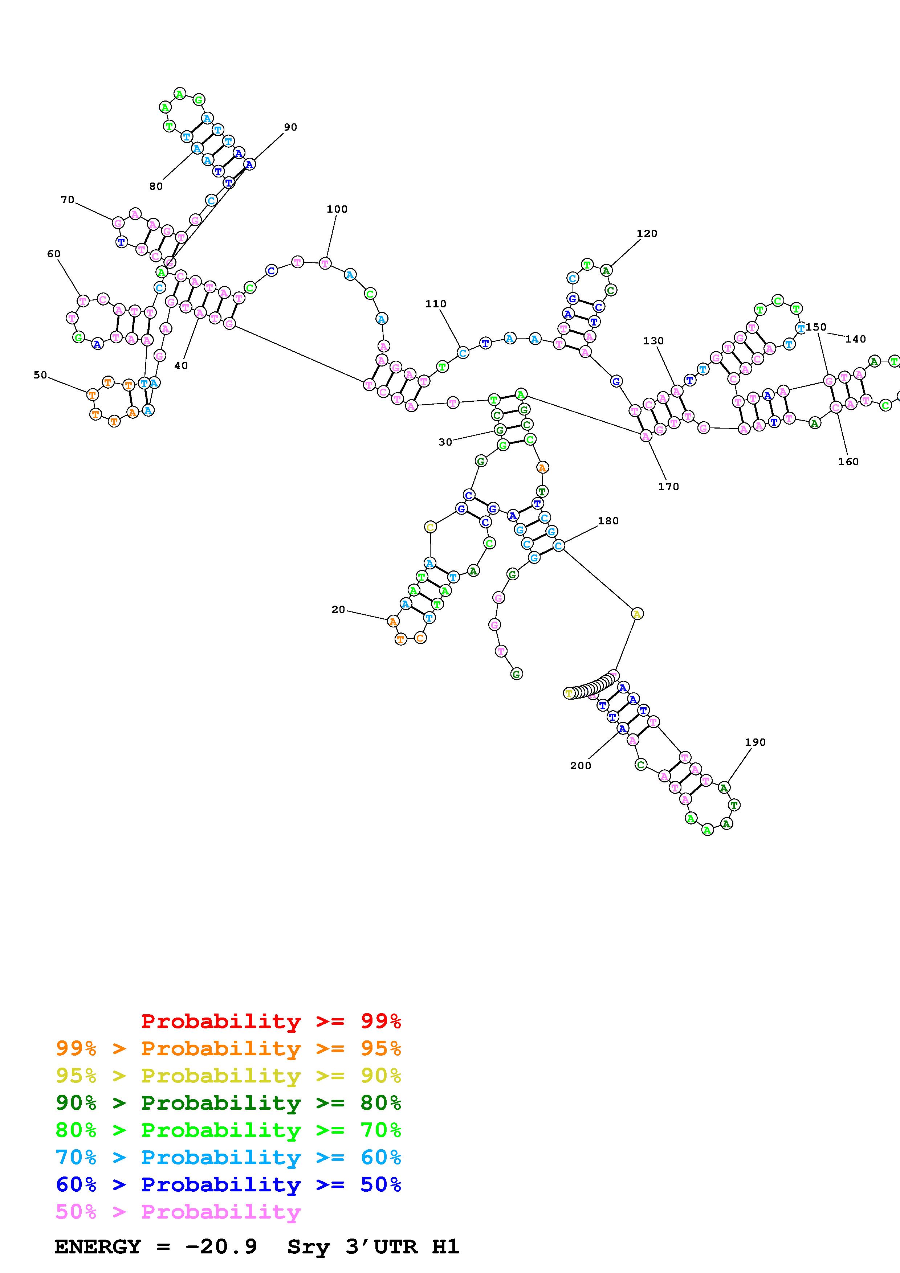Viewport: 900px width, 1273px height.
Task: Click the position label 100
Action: pyautogui.click(x=337, y=209)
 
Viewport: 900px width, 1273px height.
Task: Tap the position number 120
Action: pyautogui.click(x=647, y=233)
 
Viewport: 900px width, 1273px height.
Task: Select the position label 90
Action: pyautogui.click(x=290, y=127)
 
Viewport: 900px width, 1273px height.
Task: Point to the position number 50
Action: pyautogui.click(x=40, y=375)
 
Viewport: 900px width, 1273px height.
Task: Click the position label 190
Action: pyautogui.click(x=755, y=742)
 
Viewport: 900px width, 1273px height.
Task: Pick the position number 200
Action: pyautogui.click(x=581, y=766)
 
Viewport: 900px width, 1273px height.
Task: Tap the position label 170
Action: pyautogui.click(x=668, y=486)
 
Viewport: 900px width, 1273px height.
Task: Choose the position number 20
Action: pyautogui.click(x=338, y=609)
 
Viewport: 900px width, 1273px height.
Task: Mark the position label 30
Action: pyautogui.click(x=445, y=442)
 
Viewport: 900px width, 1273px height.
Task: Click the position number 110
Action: pyautogui.click(x=436, y=304)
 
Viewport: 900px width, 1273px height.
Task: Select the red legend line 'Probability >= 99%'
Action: pyautogui.click(x=271, y=1021)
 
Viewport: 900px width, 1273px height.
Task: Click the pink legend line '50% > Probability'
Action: pyautogui.click(x=178, y=1211)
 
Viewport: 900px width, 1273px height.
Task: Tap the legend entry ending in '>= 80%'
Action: pyautogui.click(x=228, y=1103)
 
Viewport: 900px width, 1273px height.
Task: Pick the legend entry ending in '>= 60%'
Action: pyautogui.click(x=228, y=1157)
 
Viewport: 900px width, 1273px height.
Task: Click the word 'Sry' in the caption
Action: pyautogui.click(x=308, y=1247)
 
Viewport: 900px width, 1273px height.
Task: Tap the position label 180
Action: pyautogui.click(x=608, y=521)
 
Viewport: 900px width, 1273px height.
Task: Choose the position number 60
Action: pyautogui.click(x=54, y=254)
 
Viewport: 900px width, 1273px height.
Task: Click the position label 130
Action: pyautogui.click(x=653, y=341)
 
